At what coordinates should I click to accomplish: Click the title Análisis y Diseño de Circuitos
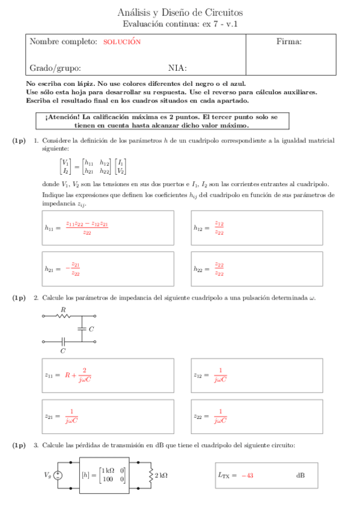[180, 13]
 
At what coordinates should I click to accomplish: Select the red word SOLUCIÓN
[121, 42]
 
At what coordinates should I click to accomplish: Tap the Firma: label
[288, 41]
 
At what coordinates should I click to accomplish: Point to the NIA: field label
[177, 68]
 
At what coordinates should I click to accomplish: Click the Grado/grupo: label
[55, 68]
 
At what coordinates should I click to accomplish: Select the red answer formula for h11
[87, 227]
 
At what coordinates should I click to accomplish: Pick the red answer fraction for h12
[219, 227]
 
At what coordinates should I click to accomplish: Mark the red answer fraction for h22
[219, 269]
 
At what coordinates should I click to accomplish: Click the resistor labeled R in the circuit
[63, 316]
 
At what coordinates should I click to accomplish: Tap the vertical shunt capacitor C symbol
[81, 329]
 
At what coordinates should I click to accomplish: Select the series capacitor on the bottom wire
[63, 342]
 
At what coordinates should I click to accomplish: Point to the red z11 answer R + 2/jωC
[78, 375]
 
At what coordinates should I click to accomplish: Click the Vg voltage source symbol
[58, 475]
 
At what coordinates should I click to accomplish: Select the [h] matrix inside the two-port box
[104, 475]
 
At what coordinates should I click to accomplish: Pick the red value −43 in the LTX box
[247, 475]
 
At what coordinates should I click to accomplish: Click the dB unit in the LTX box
[300, 475]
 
